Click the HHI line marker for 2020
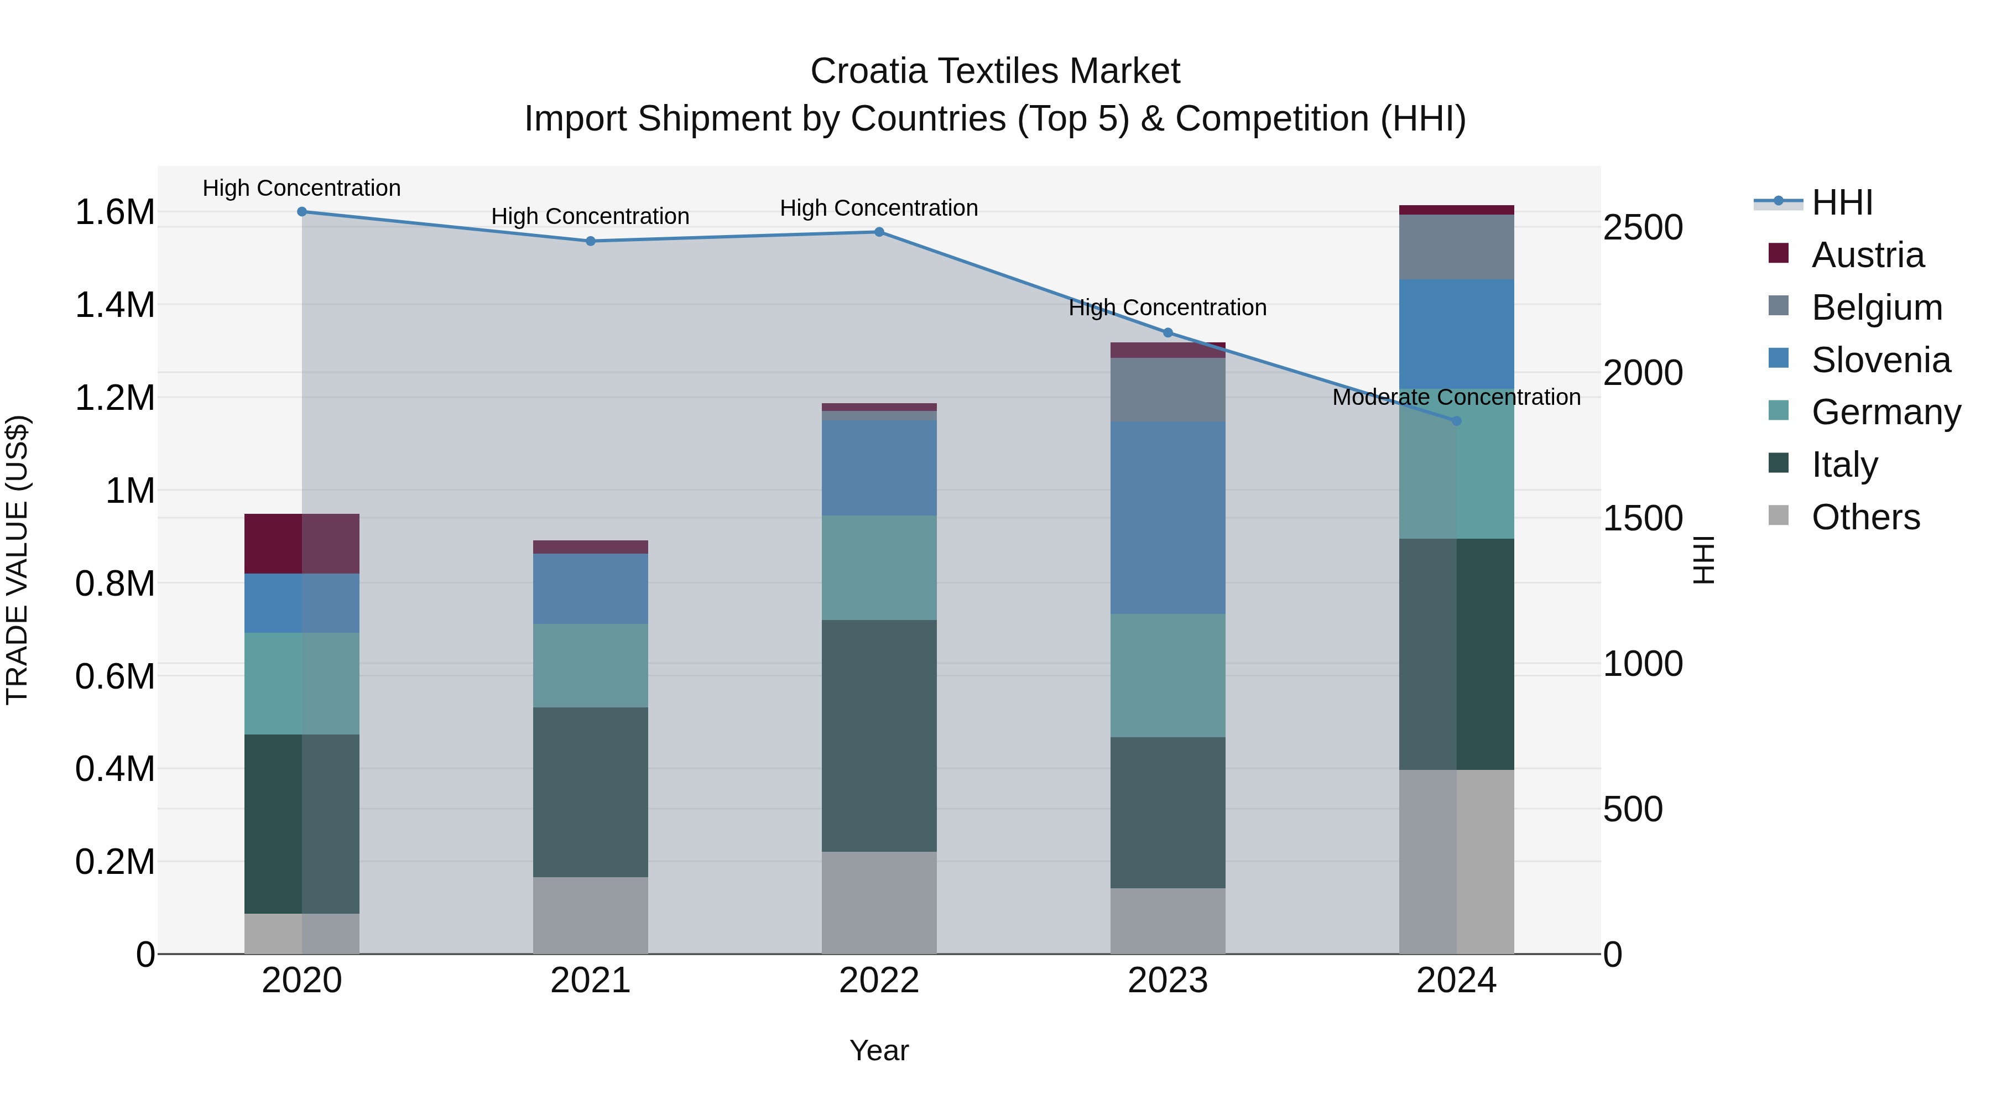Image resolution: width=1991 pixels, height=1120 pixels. [x=302, y=212]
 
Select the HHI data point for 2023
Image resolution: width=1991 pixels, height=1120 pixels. [x=1168, y=333]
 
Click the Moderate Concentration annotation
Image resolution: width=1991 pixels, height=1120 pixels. [x=1456, y=397]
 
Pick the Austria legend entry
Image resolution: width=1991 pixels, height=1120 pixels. [x=1867, y=255]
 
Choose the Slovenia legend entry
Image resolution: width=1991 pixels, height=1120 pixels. [x=1880, y=360]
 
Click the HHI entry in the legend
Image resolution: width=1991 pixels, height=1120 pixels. [x=1841, y=202]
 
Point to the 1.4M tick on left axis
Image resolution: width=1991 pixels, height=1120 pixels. [x=115, y=305]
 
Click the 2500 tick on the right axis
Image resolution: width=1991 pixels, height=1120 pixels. [x=1643, y=228]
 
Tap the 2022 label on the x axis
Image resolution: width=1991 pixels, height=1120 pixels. [x=879, y=981]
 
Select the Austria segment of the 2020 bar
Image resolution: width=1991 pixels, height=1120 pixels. [x=302, y=543]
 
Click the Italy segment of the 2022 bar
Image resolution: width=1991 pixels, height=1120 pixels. [x=879, y=735]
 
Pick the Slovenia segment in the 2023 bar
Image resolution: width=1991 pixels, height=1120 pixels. [x=1168, y=518]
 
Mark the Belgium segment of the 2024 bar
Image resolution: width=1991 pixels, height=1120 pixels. [x=1456, y=247]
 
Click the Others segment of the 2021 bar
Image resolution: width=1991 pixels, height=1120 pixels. [x=591, y=915]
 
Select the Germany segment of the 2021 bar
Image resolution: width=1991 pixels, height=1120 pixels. [x=591, y=665]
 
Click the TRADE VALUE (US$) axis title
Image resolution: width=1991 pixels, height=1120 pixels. [x=17, y=560]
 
